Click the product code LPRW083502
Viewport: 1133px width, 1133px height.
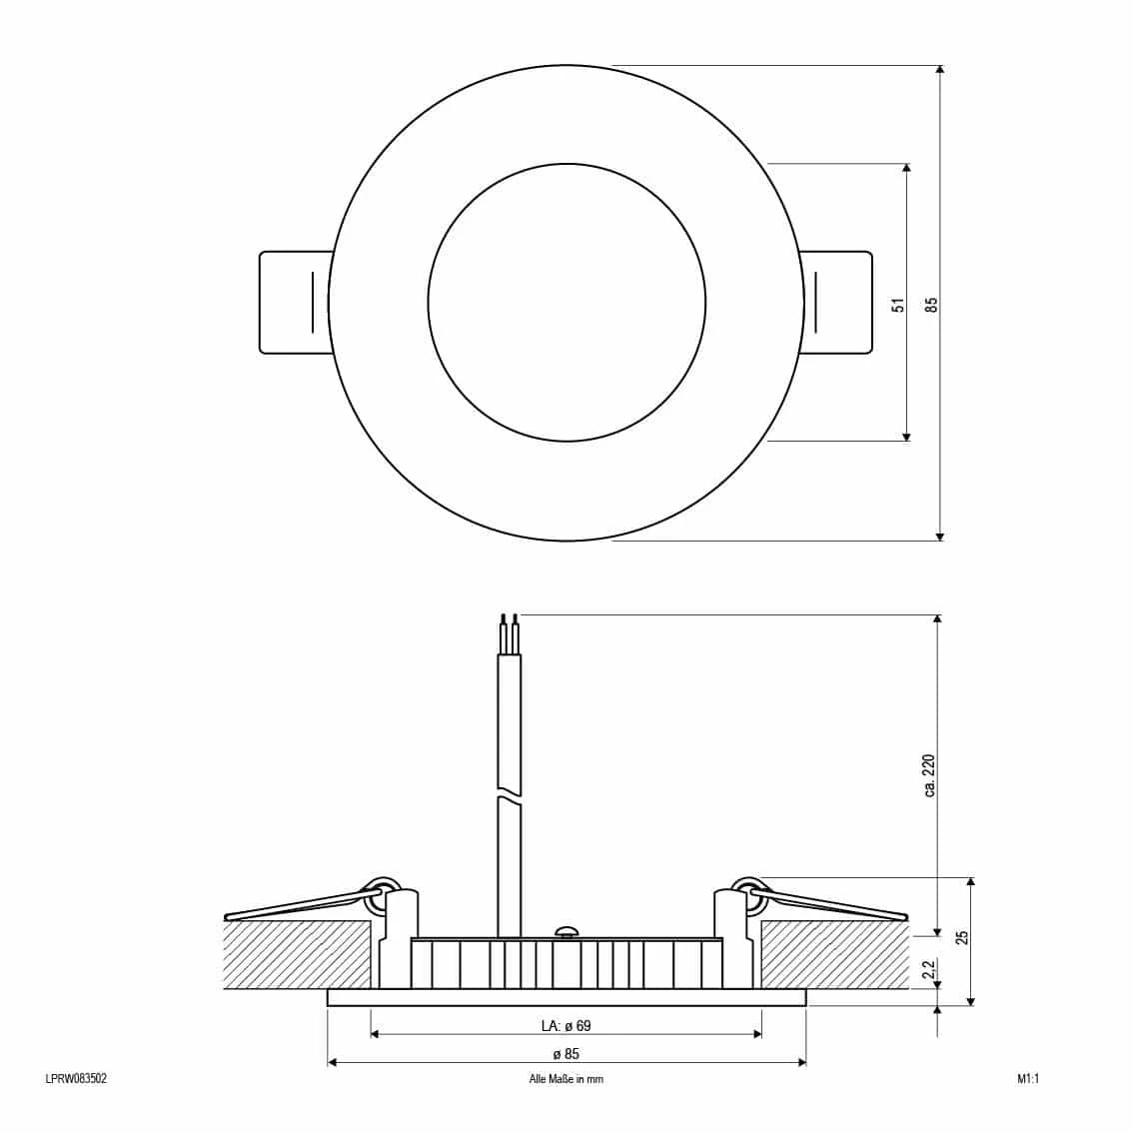[x=76, y=1079]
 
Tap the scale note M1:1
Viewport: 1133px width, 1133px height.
[x=1027, y=1079]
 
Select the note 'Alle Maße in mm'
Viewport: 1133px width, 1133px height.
[x=566, y=1079]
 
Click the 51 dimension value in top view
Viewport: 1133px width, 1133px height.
[x=898, y=304]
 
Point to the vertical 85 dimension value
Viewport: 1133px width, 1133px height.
[x=931, y=304]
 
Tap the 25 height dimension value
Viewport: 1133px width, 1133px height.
[x=962, y=937]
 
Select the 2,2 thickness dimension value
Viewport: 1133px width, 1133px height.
[x=930, y=968]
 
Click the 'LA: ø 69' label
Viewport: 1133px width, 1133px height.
[x=566, y=1025]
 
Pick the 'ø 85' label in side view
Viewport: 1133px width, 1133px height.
[x=566, y=1053]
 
